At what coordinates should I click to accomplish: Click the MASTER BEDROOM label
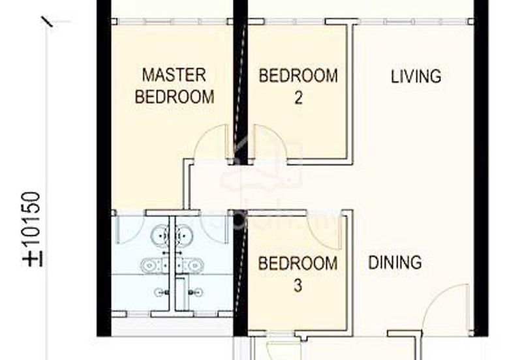coord(174,85)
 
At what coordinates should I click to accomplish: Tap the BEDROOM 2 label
coord(298,86)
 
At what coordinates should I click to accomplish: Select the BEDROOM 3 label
coord(298,274)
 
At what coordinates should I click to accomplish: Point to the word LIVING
coord(416,76)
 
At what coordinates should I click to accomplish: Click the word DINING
coord(395,263)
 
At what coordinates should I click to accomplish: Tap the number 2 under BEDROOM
coord(298,98)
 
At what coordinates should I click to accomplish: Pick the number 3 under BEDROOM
coord(298,286)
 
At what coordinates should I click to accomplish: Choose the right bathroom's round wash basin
coord(185,232)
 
